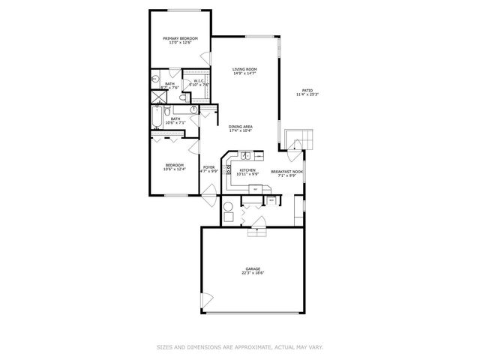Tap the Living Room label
245,69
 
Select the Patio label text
307,89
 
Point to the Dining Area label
240,127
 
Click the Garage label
252,268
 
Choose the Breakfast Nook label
286,171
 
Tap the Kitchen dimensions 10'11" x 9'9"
247,175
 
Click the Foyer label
208,167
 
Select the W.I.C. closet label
199,80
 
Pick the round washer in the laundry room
227,208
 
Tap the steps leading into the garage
256,232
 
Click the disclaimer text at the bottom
240,346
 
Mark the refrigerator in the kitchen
255,189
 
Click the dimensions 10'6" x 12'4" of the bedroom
174,169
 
